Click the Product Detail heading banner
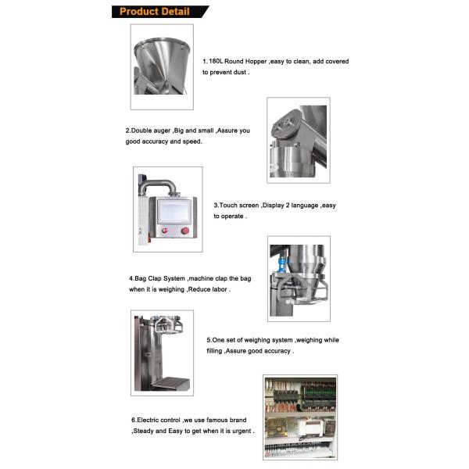pyautogui.click(x=160, y=12)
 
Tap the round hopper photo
pyautogui.click(x=162, y=66)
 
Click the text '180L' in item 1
pyautogui.click(x=216, y=61)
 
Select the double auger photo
pyautogui.click(x=299, y=140)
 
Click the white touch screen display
pyautogui.click(x=174, y=212)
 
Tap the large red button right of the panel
pyautogui.click(x=184, y=231)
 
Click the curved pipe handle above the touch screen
pyautogui.click(x=158, y=186)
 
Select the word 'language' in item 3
pyautogui.click(x=305, y=206)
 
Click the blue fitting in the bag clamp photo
pyautogui.click(x=281, y=264)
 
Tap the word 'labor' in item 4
pyautogui.click(x=219, y=289)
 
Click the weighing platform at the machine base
pyautogui.click(x=170, y=383)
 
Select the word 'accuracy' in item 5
pyautogui.click(x=277, y=351)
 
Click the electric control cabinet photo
pyautogui.click(x=300, y=417)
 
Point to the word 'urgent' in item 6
pyautogui.click(x=242, y=431)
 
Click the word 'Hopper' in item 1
pyautogui.click(x=256, y=61)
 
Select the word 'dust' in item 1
pyautogui.click(x=240, y=72)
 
